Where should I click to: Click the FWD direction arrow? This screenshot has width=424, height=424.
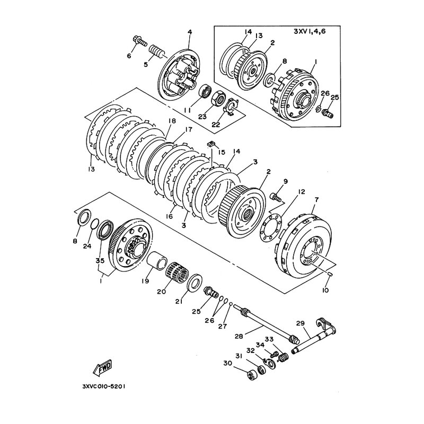coord(102,368)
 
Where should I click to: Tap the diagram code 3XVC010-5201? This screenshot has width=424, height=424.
coord(103,386)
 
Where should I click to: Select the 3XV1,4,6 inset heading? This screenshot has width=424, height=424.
coord(310,31)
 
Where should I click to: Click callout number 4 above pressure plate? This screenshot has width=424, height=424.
coord(190,32)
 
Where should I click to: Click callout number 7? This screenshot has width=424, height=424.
coord(316,200)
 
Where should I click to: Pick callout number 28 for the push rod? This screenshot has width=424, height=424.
coord(239,336)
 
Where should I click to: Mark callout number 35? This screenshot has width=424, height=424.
coord(101,260)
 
